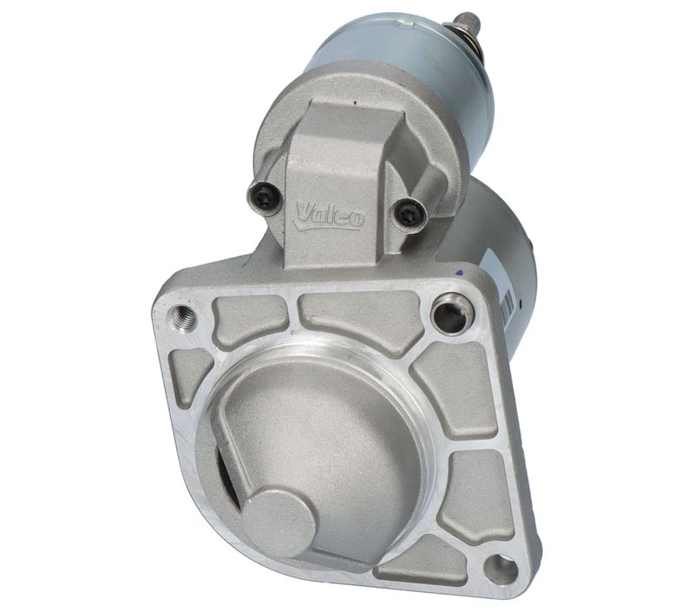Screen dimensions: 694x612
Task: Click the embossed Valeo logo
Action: click(331, 216)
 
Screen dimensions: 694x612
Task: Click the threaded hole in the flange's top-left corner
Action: click(182, 316)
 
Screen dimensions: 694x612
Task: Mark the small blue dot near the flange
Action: click(460, 273)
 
